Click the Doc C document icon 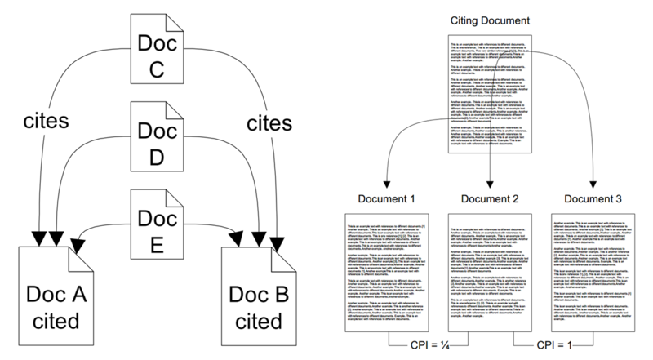(155, 50)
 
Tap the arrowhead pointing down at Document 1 (388, 184)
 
